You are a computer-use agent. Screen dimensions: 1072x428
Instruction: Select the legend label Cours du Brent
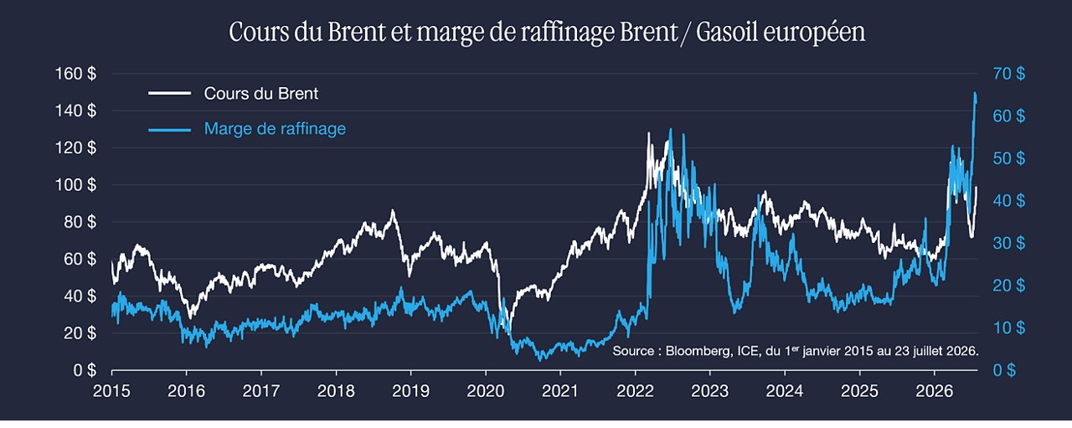(260, 93)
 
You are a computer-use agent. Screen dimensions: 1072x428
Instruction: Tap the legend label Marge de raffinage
(275, 128)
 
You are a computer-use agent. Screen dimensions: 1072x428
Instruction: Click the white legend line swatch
(169, 93)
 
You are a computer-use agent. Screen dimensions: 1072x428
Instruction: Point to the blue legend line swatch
(169, 129)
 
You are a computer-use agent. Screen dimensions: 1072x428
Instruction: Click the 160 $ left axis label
(75, 74)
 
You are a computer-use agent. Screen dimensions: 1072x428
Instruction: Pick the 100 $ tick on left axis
(75, 185)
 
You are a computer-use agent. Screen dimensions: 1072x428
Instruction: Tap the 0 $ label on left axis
(85, 370)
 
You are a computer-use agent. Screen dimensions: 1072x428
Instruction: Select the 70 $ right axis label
(1009, 74)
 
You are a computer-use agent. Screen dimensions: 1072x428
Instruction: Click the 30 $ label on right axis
(1009, 243)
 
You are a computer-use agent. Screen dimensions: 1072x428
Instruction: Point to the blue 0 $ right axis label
(1004, 370)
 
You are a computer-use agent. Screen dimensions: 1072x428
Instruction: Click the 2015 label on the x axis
(111, 391)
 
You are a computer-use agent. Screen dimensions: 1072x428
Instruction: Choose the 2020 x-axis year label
(485, 391)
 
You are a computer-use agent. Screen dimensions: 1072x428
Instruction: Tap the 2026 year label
(934, 391)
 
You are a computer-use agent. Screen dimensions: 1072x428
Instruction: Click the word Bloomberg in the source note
(698, 351)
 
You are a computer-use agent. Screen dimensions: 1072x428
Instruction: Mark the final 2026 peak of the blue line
(976, 93)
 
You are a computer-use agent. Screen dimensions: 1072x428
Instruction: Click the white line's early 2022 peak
(648, 133)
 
